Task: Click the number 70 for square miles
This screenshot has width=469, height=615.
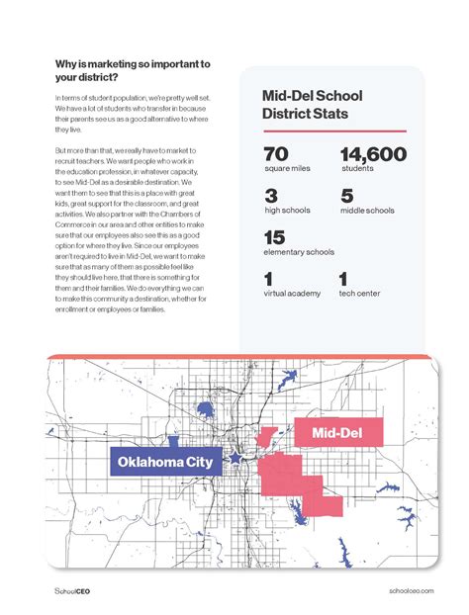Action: coord(276,154)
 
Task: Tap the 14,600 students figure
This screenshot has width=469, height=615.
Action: coord(373,154)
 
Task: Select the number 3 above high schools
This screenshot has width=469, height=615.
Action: coord(271,196)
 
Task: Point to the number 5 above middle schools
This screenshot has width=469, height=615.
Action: coord(346,196)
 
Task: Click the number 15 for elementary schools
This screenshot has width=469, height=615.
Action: coord(275,237)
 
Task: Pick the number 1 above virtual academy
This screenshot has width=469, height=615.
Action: coord(268,279)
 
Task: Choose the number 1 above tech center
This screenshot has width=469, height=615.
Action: coord(343,279)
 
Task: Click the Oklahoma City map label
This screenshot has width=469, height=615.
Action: coord(165,462)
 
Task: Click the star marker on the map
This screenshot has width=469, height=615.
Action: coord(236,458)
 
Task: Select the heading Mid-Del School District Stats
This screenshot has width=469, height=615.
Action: coord(313,105)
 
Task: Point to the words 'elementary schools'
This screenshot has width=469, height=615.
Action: coord(299,252)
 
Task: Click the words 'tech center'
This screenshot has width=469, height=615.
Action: coord(360,294)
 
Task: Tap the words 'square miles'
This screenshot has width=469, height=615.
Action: coord(287,169)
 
